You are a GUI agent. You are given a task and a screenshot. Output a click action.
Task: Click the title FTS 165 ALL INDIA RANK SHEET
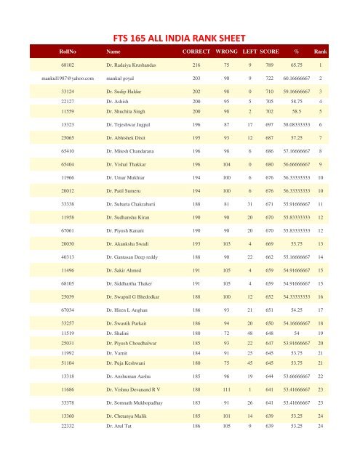point(179,33)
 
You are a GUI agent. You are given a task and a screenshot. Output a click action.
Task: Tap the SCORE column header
point(275,52)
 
